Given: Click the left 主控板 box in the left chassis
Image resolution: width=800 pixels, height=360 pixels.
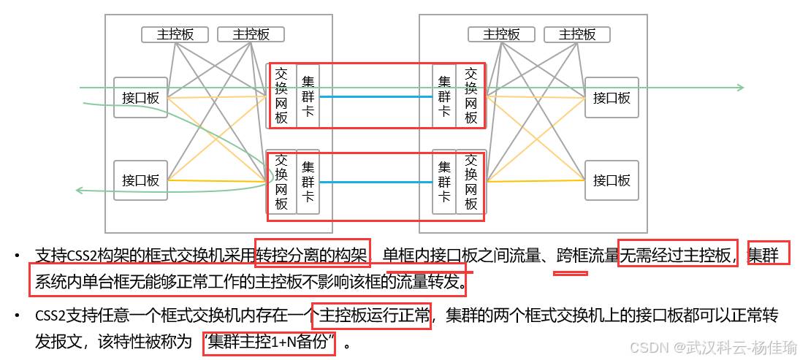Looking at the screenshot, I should pos(175,34).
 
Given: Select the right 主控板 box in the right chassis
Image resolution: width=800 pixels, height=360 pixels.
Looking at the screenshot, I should pos(577,34).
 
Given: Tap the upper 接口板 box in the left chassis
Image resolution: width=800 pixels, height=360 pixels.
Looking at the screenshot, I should pos(141,98).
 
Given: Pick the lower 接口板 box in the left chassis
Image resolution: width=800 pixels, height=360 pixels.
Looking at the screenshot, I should pos(141,180).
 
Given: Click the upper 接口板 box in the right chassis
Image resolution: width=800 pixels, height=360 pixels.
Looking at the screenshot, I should pos(612,98).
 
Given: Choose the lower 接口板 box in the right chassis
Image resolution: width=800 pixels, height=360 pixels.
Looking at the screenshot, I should pos(612,180).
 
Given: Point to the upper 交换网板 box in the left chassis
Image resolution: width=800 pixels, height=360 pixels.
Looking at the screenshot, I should pos(281,96).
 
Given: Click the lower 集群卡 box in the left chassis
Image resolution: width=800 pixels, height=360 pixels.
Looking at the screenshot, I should pos(308,182).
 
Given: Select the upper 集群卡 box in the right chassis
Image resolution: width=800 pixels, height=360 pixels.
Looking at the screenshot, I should pos(444,96).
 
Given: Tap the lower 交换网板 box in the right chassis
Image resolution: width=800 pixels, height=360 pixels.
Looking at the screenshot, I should pos(471,182).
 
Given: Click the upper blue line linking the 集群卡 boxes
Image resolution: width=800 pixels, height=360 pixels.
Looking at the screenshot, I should pos(376,96).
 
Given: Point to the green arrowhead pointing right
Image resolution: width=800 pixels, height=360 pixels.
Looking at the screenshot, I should pos(740,88).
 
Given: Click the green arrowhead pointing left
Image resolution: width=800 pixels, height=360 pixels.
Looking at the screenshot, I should pos(80,191).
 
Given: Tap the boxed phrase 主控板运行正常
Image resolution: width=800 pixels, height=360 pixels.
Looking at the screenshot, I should pos(370,316).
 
